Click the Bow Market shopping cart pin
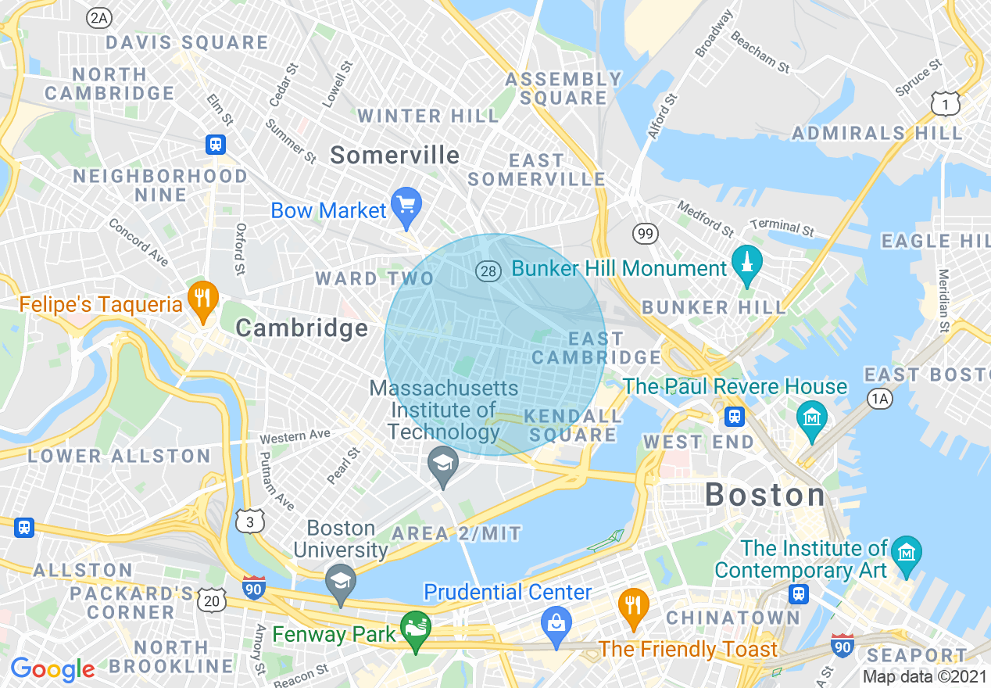tap(406, 206)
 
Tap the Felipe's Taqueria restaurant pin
tap(202, 299)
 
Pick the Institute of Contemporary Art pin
tap(906, 554)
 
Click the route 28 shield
tap(488, 271)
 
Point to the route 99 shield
tap(646, 233)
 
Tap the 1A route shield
tap(880, 399)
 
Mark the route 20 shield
tap(213, 600)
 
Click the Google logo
tap(52, 669)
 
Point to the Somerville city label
tap(395, 155)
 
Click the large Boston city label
tap(765, 495)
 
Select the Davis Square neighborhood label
tap(187, 43)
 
